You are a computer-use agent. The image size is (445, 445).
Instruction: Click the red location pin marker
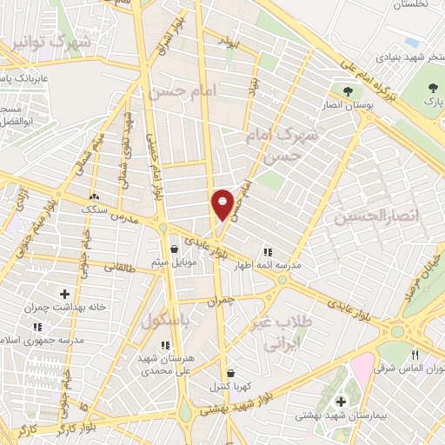pos(223,203)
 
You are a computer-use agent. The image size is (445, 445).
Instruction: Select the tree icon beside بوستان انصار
pos(348,90)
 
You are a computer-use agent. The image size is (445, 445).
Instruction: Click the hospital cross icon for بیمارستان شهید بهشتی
pos(342,402)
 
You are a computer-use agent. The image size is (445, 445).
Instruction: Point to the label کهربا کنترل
pos(227,386)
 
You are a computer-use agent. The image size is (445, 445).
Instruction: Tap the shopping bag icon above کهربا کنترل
pos(228,372)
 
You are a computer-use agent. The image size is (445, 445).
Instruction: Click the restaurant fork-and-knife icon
pos(415,355)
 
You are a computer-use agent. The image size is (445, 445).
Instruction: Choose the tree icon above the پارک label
pos(434,88)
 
